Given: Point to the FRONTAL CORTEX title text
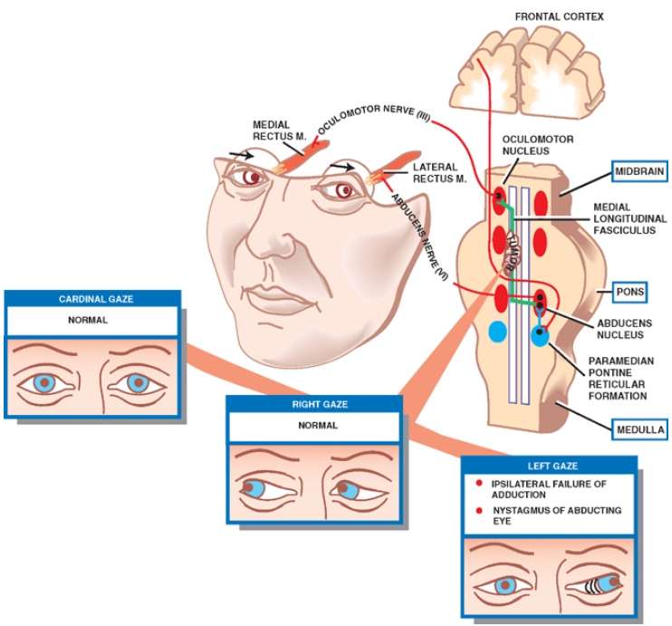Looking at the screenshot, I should tap(559, 16).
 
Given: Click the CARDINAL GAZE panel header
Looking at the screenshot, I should tap(94, 298).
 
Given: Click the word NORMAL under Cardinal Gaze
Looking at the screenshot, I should tap(87, 320).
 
